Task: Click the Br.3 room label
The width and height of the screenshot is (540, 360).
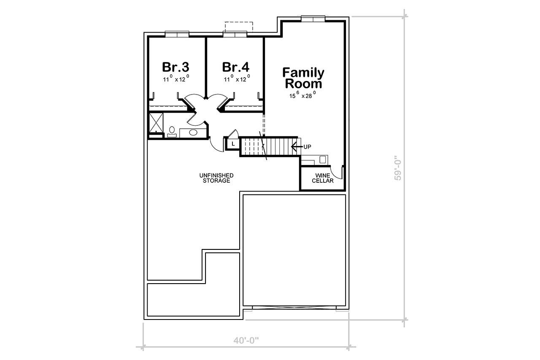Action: tap(175, 67)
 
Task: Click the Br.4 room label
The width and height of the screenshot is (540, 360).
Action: tap(235, 67)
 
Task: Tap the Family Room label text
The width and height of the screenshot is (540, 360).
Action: tap(303, 78)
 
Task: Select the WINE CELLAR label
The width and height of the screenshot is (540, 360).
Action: tap(323, 178)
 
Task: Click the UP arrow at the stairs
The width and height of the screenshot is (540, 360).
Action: tap(294, 146)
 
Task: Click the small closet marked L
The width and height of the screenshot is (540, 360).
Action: tap(232, 144)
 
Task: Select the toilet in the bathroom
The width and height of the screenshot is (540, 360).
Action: tap(172, 131)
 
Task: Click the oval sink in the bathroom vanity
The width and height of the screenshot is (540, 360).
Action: tap(193, 133)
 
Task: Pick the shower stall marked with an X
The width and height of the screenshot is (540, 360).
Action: tap(157, 123)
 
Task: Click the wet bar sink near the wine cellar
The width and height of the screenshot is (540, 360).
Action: tap(323, 160)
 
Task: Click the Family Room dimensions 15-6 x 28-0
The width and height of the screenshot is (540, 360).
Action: tap(302, 96)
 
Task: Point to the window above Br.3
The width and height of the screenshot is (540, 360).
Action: tap(176, 34)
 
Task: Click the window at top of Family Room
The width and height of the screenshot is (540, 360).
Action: tap(313, 18)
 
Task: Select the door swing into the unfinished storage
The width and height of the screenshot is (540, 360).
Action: tap(216, 144)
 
